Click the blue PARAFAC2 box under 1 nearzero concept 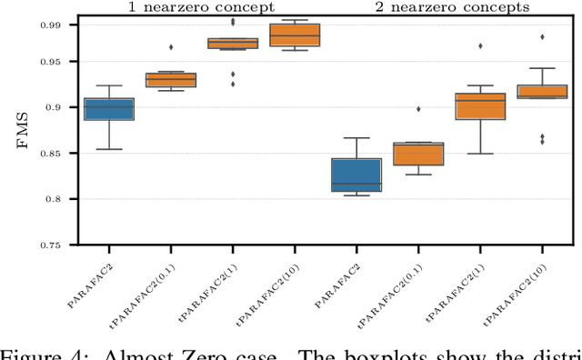click(x=109, y=109)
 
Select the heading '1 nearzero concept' click(x=200, y=8)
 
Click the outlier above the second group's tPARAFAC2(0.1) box click(x=418, y=109)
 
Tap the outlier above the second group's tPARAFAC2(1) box click(x=480, y=45)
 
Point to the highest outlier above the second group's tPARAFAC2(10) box click(x=542, y=37)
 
